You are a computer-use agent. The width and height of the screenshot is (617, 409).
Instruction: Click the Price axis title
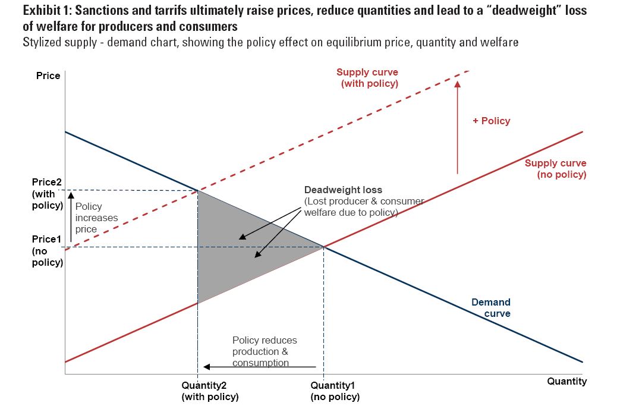[x=48, y=75]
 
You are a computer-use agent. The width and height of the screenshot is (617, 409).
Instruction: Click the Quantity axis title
[x=566, y=381]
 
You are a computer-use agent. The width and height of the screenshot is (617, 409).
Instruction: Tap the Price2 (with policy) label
[x=47, y=194]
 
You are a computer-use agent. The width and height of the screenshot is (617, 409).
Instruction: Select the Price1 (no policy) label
[x=47, y=250]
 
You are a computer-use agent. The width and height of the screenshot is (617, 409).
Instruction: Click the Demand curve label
[x=491, y=308]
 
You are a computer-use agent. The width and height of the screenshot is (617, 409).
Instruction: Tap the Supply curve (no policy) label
[x=555, y=169]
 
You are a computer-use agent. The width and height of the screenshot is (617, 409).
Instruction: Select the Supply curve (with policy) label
[x=368, y=78]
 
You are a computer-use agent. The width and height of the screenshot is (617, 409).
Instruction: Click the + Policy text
[x=491, y=121]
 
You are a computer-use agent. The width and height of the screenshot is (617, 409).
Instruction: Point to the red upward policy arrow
[x=457, y=128]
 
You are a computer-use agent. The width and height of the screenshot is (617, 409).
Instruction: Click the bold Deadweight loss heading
[x=343, y=190]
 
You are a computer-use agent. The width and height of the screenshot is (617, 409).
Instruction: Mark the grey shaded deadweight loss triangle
[x=238, y=250]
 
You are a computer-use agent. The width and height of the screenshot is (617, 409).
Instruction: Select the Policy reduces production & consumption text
[x=264, y=351]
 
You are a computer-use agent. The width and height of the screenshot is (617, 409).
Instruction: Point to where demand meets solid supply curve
[x=324, y=246]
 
